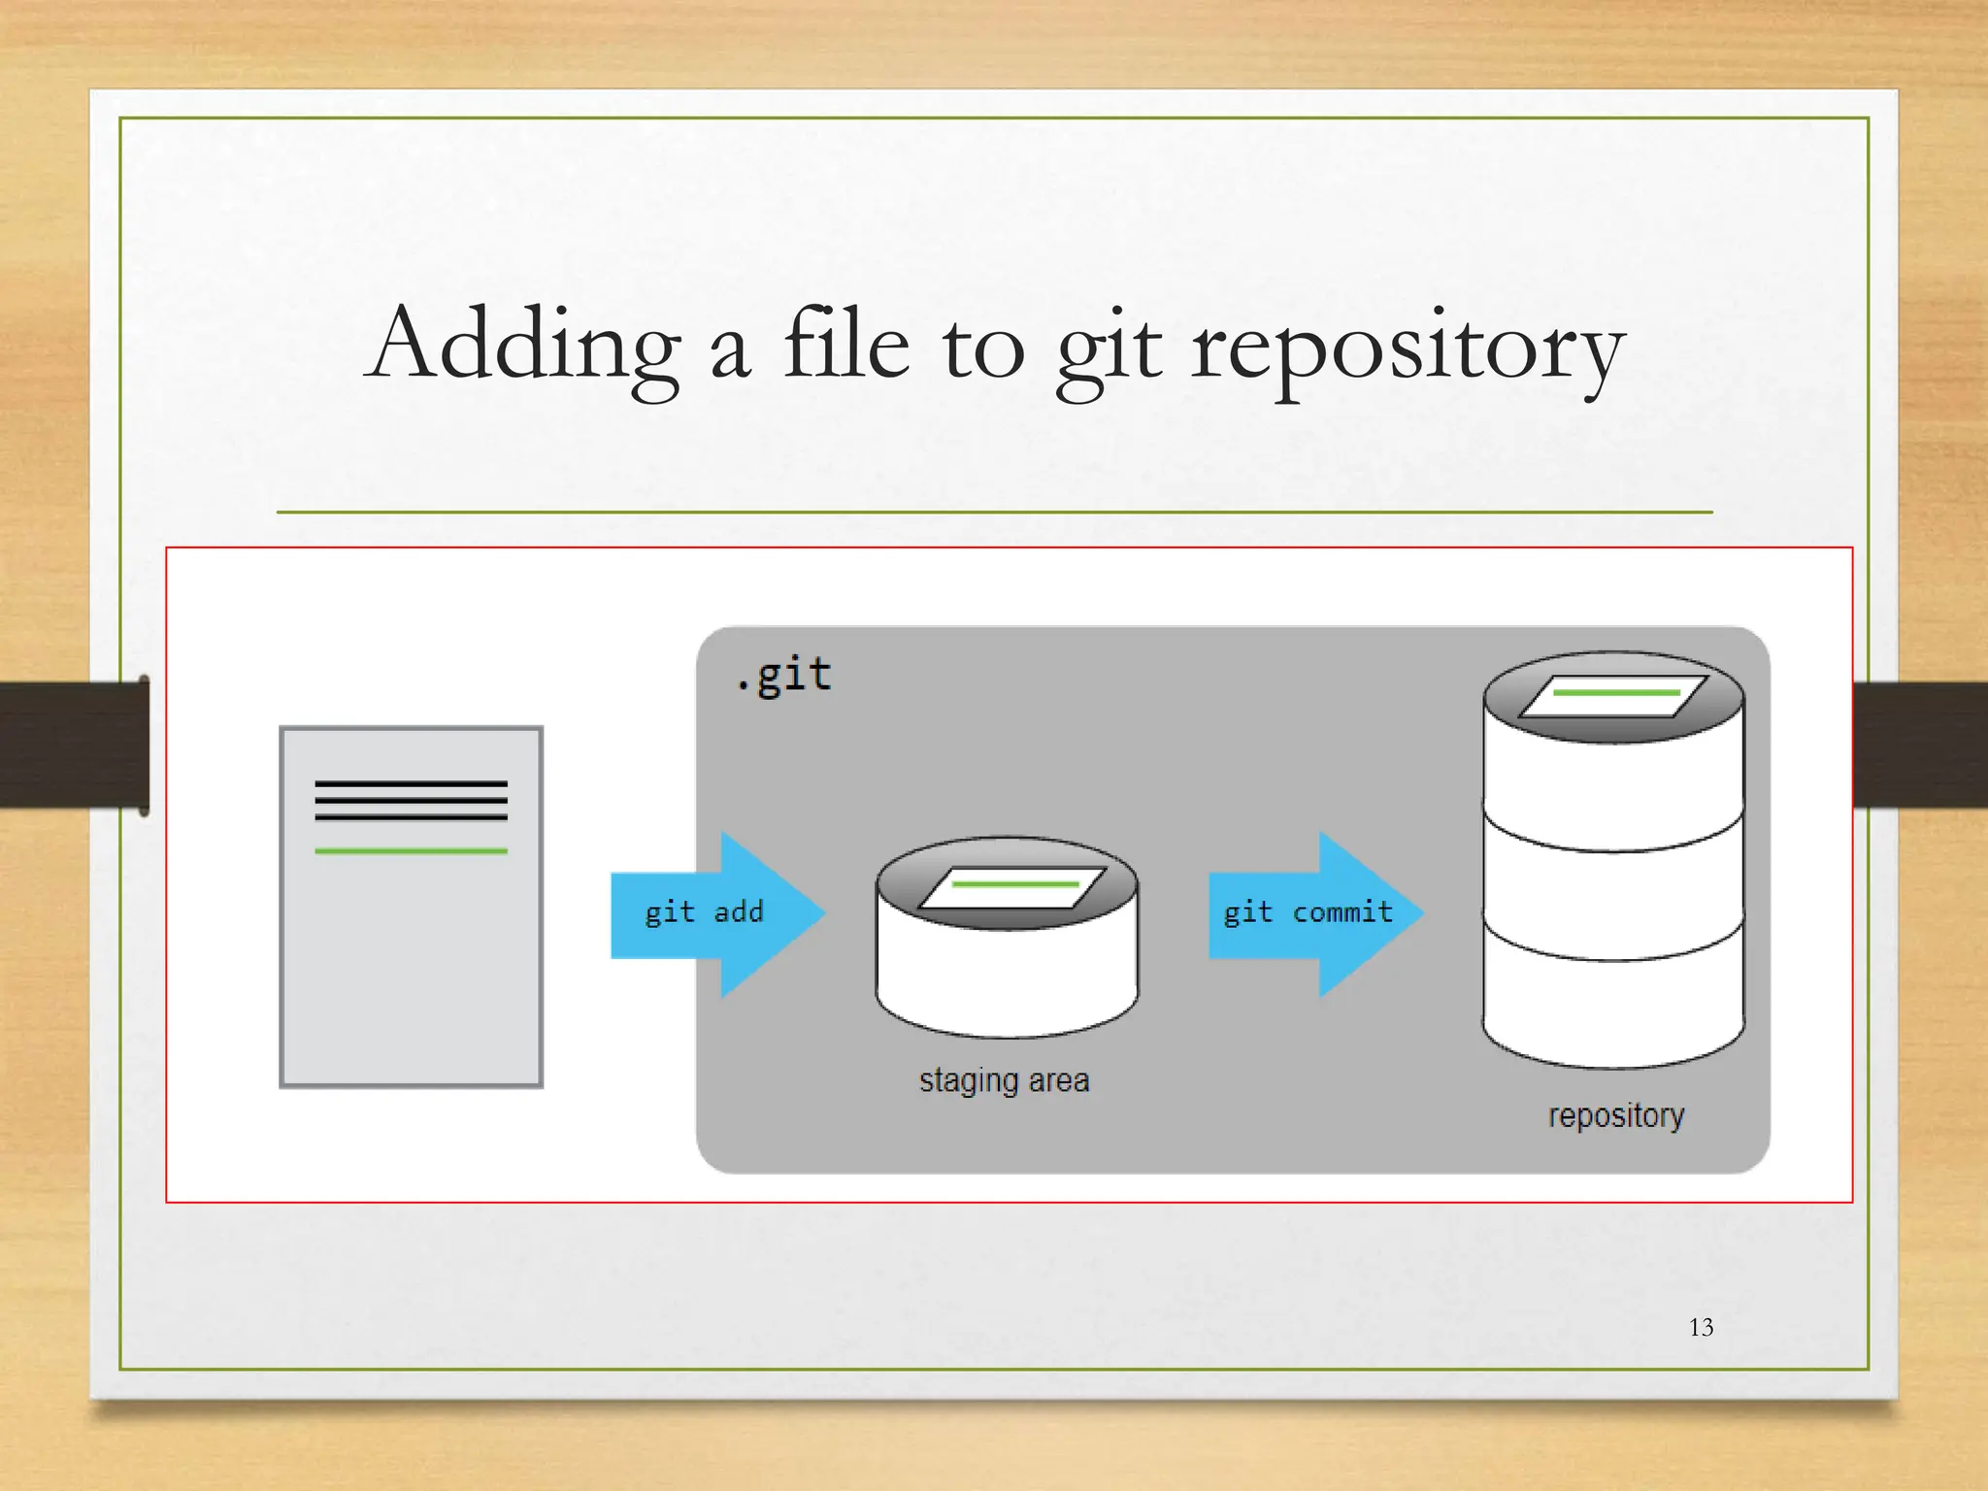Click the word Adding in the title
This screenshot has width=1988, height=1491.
coord(524,345)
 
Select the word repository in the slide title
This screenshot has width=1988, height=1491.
coord(1408,349)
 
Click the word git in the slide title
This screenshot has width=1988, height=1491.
coord(1109,349)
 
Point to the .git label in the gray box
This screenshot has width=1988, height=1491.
coord(784,675)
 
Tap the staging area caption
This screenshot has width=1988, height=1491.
coord(1004,1080)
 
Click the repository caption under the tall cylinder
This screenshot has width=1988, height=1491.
coord(1616,1115)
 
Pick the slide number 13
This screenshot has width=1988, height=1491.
coord(1701,1327)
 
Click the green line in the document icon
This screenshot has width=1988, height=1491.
coord(411,851)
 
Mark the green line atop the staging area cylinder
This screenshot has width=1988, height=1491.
coord(1014,884)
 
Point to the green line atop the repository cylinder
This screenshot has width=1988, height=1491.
coord(1616,692)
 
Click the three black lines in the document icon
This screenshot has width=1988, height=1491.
coord(411,801)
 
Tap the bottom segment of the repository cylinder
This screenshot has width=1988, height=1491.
coord(1613,1010)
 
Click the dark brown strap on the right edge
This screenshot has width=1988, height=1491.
coord(1920,745)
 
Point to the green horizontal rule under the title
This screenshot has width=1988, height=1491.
coord(994,512)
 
